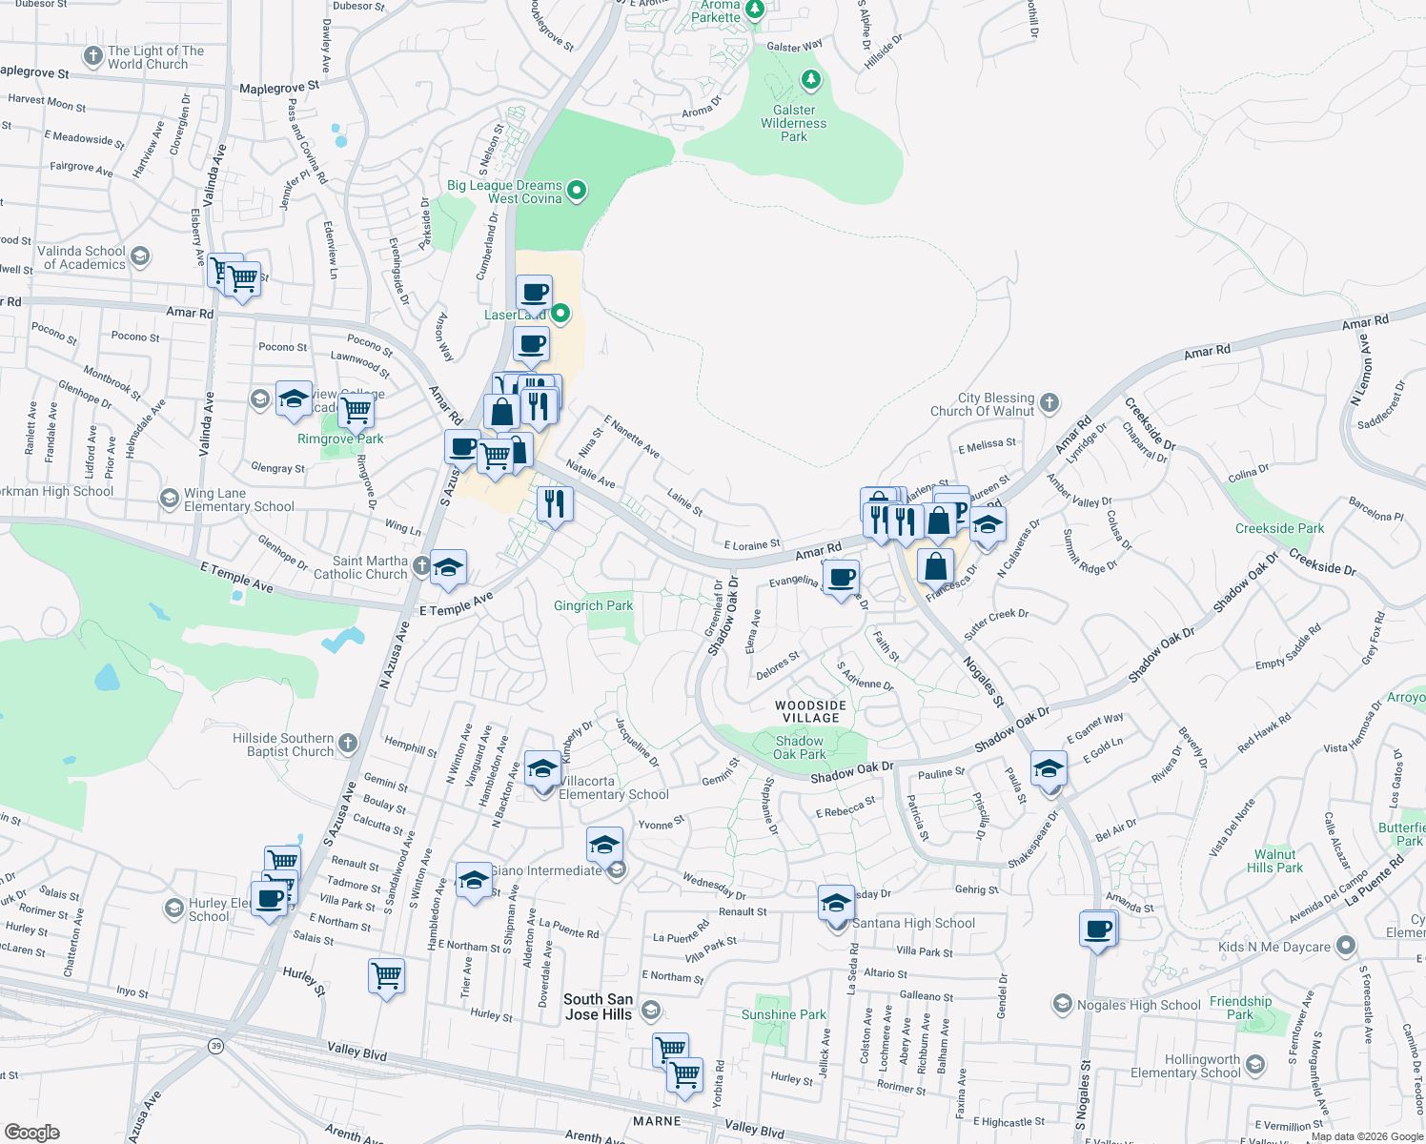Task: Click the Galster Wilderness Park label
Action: [x=793, y=123]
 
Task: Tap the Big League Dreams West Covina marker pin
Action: [x=577, y=192]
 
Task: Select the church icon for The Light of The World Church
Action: [x=92, y=56]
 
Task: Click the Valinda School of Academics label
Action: [x=82, y=257]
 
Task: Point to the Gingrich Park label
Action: [x=593, y=605]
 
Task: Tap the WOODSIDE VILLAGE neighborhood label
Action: [x=811, y=711]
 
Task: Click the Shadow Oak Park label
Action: [x=799, y=747]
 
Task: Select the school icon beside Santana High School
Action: [x=836, y=902]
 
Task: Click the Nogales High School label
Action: [x=1138, y=1005]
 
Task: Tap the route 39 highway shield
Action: [x=216, y=1046]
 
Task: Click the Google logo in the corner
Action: [x=31, y=1132]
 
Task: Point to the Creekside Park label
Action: [x=1279, y=528]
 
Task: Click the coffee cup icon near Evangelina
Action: [x=841, y=578]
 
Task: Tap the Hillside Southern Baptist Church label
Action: [x=283, y=745]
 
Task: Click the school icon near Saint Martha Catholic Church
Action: [x=448, y=568]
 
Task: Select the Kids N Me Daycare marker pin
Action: [x=1345, y=946]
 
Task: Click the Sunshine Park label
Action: [x=784, y=1014]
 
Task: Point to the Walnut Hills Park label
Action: [x=1274, y=861]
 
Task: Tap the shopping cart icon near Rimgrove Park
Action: [x=356, y=410]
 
